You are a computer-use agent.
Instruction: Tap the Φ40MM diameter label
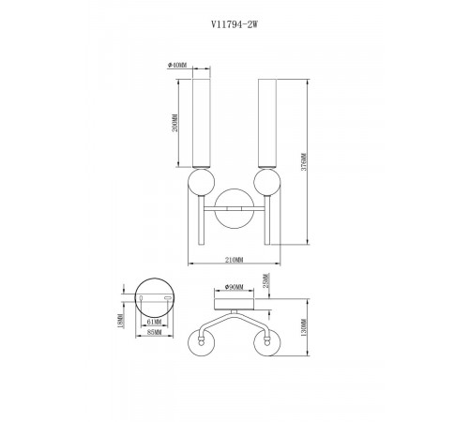coord(180,64)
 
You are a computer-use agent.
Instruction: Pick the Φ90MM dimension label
coord(234,287)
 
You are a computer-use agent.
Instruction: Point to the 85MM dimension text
coord(156,332)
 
